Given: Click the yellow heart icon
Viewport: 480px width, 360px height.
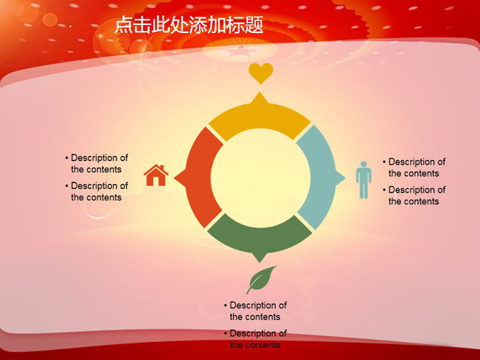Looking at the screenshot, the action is (x=261, y=73).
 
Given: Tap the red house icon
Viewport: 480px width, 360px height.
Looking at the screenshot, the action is (x=156, y=175).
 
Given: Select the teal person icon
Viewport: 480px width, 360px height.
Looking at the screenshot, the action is (x=364, y=180).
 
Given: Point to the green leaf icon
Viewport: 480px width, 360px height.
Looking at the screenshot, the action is (x=260, y=280).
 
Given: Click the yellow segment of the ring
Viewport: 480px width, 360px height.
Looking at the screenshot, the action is (x=259, y=119).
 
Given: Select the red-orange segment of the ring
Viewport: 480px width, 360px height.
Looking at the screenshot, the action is (x=199, y=177).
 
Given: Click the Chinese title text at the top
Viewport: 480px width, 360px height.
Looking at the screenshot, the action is (x=189, y=25).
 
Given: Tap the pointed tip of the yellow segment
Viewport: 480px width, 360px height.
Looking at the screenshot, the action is (x=260, y=93).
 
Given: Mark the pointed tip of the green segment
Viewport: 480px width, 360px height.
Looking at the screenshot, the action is (x=259, y=262).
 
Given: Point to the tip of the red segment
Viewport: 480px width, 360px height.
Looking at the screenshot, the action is (x=175, y=178).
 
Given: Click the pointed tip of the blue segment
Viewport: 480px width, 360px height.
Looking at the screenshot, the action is (x=346, y=178).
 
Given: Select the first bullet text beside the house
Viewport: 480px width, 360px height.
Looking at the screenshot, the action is (x=96, y=163).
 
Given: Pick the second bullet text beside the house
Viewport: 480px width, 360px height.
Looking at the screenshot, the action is (x=96, y=192).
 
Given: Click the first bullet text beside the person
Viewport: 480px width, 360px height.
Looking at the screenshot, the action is (x=414, y=167).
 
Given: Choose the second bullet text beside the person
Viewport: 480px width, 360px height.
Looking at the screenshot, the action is (x=414, y=195).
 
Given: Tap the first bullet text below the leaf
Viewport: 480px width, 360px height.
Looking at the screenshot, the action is (x=255, y=311).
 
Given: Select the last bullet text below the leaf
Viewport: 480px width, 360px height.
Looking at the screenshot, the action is (x=255, y=339).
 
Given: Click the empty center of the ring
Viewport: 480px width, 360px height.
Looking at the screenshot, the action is (x=260, y=178).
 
